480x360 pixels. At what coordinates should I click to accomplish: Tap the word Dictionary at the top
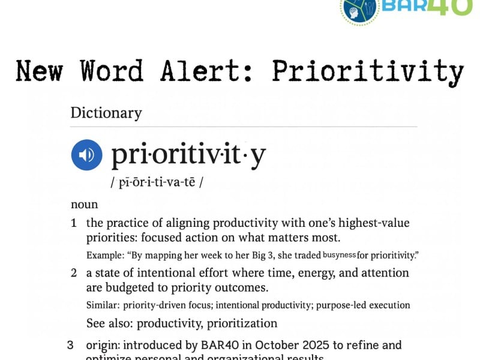pyautogui.click(x=106, y=113)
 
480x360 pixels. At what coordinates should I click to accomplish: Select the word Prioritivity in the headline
pyautogui.click(x=368, y=71)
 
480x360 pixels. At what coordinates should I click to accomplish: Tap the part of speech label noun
pyautogui.click(x=84, y=204)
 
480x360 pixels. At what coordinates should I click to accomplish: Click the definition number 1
pyautogui.click(x=74, y=223)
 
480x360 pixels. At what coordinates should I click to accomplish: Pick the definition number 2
pyautogui.click(x=74, y=273)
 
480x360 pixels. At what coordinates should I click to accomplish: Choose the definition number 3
pyautogui.click(x=70, y=345)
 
